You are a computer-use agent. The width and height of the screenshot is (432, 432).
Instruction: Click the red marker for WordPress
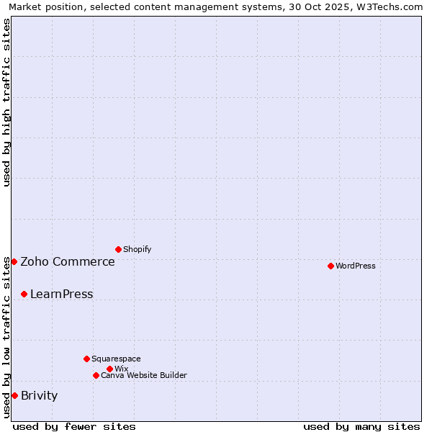coord(330,266)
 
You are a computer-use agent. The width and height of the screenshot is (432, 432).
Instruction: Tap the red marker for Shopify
coord(118,249)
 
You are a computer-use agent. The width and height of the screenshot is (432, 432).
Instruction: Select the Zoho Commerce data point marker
coord(14,261)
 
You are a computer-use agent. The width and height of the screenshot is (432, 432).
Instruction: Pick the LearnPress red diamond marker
coord(24,294)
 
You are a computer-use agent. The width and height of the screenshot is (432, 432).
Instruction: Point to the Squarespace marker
coord(86,359)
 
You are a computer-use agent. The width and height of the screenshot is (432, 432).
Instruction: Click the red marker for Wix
coord(109,369)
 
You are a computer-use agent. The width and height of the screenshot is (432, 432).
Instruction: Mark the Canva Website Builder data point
coord(96,375)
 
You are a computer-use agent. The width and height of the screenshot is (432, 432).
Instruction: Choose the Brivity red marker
coord(14,395)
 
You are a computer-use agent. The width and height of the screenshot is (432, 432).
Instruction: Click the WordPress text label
coord(356,266)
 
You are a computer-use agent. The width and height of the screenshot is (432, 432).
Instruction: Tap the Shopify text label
coord(138,249)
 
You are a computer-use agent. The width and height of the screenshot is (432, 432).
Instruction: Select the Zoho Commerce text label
coord(68,261)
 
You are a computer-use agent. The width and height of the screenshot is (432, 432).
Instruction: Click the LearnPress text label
coord(62,294)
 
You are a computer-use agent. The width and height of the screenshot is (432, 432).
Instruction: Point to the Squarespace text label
coord(116,359)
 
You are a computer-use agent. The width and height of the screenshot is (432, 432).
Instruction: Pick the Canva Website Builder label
coord(144,375)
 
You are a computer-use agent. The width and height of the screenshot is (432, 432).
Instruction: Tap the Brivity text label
coord(40,395)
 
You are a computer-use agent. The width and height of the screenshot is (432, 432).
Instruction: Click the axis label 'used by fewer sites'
coord(74,426)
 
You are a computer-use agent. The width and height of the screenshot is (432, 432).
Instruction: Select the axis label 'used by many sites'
coord(361,426)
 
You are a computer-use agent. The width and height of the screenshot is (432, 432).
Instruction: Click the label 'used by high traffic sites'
coord(6,102)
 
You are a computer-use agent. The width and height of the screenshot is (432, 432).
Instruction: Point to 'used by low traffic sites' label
coord(6,337)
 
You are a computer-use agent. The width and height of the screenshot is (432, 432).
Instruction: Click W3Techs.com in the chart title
coord(390,6)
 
